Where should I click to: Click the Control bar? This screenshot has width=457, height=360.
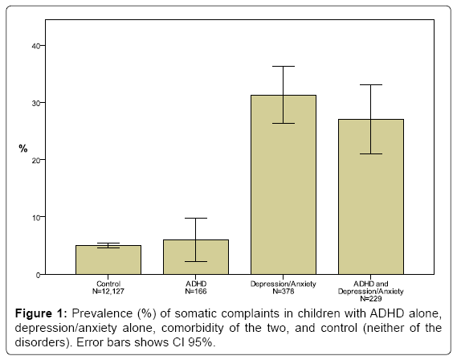[108, 260]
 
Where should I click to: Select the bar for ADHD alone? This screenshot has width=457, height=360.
[196, 257]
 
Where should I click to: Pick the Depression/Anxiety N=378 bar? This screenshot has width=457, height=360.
[284, 185]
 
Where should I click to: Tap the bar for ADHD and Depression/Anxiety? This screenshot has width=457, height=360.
[371, 197]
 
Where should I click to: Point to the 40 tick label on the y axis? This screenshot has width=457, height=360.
[35, 46]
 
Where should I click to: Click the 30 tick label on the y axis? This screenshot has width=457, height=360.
[35, 103]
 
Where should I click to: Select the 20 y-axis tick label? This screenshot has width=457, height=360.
[35, 160]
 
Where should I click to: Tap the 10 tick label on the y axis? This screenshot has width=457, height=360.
[35, 217]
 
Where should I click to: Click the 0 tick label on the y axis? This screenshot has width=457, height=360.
[38, 275]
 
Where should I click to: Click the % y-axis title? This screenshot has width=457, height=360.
[23, 149]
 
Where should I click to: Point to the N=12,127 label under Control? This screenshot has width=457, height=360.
[108, 291]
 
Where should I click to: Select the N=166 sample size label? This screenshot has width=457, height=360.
[196, 291]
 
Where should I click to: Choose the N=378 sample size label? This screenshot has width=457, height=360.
[284, 291]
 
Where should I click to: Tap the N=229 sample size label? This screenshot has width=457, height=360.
[371, 298]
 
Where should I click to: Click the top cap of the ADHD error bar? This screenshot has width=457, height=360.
[196, 218]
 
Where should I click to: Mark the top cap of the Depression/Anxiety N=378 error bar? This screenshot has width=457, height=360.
[284, 66]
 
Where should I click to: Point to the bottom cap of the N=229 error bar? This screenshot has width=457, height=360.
[371, 153]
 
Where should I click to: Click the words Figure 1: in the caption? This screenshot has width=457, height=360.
[41, 313]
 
